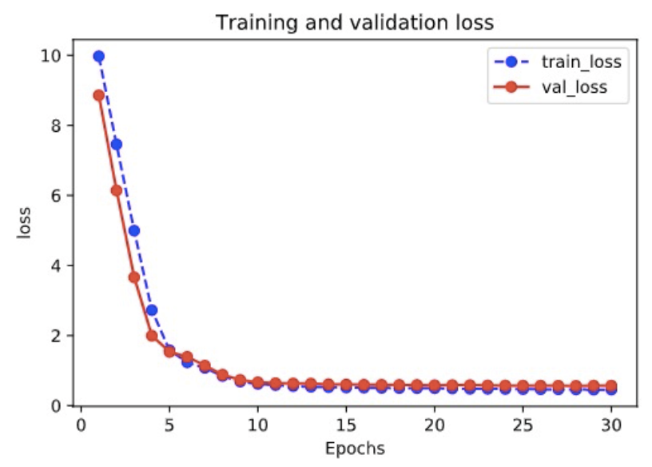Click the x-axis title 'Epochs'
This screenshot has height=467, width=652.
click(356, 448)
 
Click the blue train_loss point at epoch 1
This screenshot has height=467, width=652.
click(99, 57)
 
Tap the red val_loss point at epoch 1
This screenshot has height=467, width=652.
click(99, 95)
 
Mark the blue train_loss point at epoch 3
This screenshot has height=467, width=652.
click(134, 230)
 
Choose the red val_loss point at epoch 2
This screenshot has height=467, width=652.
click(117, 190)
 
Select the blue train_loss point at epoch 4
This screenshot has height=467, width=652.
click(152, 309)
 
